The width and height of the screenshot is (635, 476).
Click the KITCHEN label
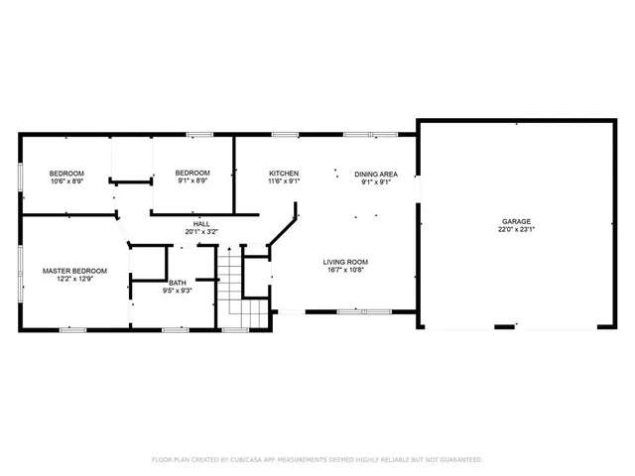pyautogui.click(x=284, y=174)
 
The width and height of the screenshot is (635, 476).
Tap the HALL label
pyautogui.click(x=201, y=223)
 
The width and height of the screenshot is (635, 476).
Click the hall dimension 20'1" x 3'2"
pyautogui.click(x=201, y=231)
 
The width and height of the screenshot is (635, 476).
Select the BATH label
pyautogui.click(x=177, y=282)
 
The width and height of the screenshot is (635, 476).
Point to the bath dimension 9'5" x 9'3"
pyautogui.click(x=177, y=290)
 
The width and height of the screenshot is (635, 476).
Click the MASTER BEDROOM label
pyautogui.click(x=74, y=270)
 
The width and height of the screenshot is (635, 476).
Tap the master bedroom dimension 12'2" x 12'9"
pyautogui.click(x=74, y=278)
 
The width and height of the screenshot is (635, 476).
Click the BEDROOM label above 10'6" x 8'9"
pyautogui.click(x=67, y=174)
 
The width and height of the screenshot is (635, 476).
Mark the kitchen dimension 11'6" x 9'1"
pyautogui.click(x=284, y=181)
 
